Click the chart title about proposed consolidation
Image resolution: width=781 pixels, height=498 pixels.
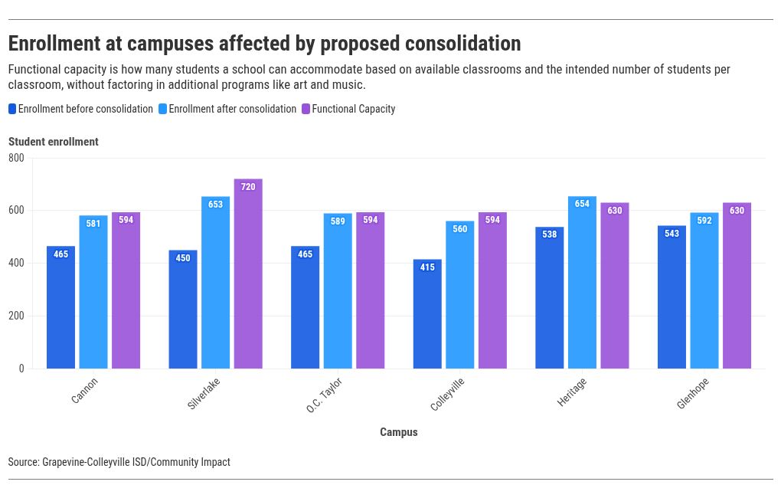coord(264,43)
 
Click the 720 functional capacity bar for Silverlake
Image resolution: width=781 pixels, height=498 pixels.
coord(248,274)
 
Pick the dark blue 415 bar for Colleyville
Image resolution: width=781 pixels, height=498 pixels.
coord(427,314)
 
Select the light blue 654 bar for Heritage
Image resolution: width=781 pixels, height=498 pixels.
coord(582,283)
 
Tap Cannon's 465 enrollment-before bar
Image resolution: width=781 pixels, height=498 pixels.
coord(60,307)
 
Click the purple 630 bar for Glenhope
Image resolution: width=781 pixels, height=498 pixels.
coord(737,286)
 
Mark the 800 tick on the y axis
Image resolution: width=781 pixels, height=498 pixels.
coord(16,158)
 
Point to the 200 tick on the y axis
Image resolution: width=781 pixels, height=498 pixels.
coord(16,316)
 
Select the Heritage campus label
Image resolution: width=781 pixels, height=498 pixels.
coord(572,392)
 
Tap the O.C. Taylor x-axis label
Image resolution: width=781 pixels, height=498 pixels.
coord(324,395)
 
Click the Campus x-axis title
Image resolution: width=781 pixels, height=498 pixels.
coord(399,432)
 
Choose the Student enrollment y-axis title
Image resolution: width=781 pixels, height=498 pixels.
coord(54,142)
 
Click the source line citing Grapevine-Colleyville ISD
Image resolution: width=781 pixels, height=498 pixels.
coord(119,462)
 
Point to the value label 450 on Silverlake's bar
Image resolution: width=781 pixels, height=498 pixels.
coord(183,258)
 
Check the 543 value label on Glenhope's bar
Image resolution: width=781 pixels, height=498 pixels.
coord(672,234)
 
